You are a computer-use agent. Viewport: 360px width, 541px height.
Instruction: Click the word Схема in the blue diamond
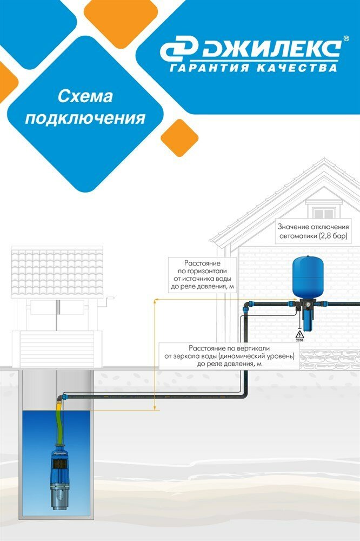click(85, 97)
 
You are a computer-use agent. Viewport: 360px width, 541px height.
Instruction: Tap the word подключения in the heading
click(85, 118)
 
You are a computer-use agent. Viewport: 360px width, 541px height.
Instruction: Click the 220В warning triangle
click(299, 335)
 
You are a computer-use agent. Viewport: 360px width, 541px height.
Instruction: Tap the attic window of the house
click(324, 210)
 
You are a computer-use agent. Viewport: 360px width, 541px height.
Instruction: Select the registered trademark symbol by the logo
click(346, 40)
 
